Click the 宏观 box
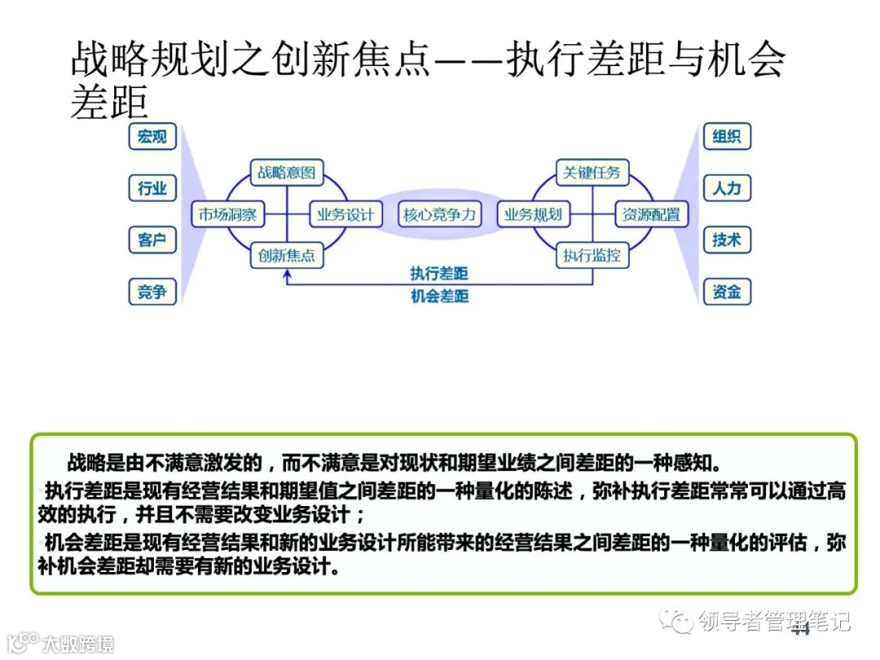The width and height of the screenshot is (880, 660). coord(152,136)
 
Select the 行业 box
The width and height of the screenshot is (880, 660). coord(152,188)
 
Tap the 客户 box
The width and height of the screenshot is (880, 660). coord(152,240)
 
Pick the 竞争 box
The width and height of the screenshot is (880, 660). coord(152,291)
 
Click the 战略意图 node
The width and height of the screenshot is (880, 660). coord(287,173)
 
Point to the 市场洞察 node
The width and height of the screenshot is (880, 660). coord(227,215)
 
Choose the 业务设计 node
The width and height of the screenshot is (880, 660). coord(345,215)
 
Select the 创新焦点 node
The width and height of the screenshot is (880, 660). coord(287,255)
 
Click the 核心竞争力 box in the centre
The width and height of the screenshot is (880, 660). coord(439,215)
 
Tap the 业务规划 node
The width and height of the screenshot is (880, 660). coord(533,215)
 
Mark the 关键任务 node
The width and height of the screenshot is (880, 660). coord(592,173)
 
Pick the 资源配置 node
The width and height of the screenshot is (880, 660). coord(651,215)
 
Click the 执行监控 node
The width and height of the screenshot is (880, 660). coord(592,255)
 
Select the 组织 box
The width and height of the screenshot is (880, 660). coord(726,136)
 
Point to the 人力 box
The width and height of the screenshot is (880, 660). coord(726,188)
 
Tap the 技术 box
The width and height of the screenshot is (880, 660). coord(726,240)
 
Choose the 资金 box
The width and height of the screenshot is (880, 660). coord(726,291)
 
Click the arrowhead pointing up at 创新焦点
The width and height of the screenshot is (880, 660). coord(287,275)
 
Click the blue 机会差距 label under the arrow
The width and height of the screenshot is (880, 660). coord(439,296)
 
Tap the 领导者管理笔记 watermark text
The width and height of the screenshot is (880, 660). coord(774,623)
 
